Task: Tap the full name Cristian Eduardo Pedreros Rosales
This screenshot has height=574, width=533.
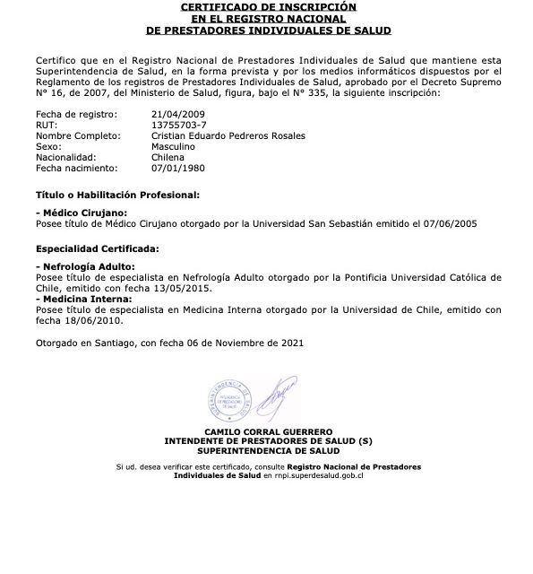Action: tap(228, 135)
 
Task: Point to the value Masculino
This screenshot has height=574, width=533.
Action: tap(174, 146)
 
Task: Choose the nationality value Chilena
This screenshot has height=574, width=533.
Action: tap(168, 157)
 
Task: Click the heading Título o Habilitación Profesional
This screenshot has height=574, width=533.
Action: tap(117, 194)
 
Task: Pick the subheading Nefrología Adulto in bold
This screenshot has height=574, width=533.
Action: tap(86, 266)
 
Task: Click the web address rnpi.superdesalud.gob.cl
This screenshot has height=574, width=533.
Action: tap(314, 475)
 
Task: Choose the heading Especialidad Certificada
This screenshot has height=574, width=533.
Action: tap(98, 247)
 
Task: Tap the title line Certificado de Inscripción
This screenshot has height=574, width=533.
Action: tap(268, 6)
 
